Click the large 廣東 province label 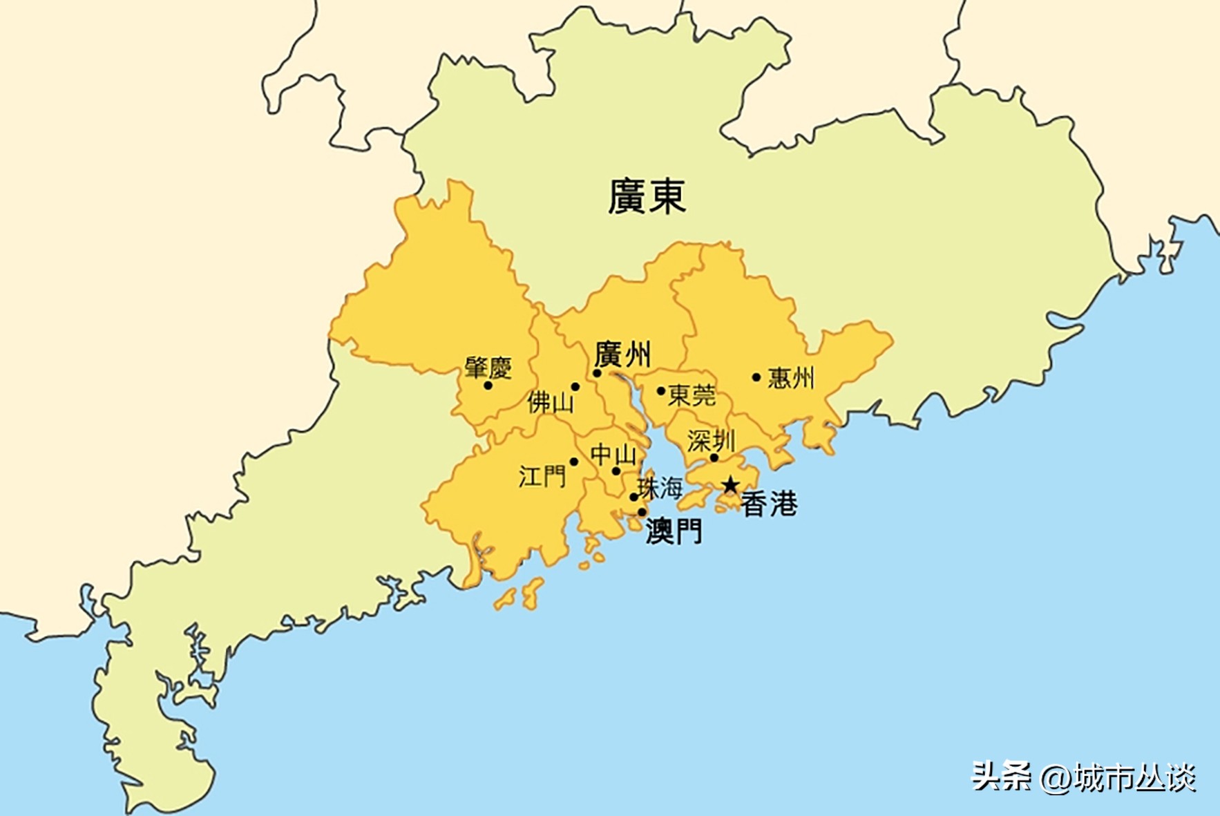pos(647,197)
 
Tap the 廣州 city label pos(622,354)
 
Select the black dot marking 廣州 pos(597,373)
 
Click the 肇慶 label pos(488,367)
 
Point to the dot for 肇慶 pos(488,386)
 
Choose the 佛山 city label pos(550,401)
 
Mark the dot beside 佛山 pos(575,387)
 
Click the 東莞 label pos(692,395)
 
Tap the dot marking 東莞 pos(661,391)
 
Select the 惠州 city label pos(791,378)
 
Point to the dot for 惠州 pos(756,377)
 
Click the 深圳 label pos(711,441)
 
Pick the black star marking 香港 pos(730,485)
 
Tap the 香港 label pos(769,504)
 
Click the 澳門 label pos(674,531)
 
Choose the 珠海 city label pos(660,488)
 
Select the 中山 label pos(613,455)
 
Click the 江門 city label pos(542,476)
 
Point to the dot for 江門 pos(573,462)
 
